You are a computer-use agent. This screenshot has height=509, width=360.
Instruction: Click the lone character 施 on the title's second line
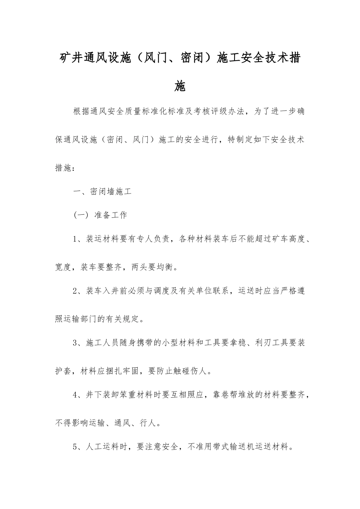pyautogui.click(x=180, y=86)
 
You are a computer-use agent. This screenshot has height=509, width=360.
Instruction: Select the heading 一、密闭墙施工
pyautogui.click(x=102, y=192)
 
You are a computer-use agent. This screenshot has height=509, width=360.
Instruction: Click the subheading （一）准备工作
pyautogui.click(x=100, y=215)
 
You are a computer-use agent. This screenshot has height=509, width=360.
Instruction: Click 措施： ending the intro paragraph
pyautogui.click(x=66, y=168)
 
